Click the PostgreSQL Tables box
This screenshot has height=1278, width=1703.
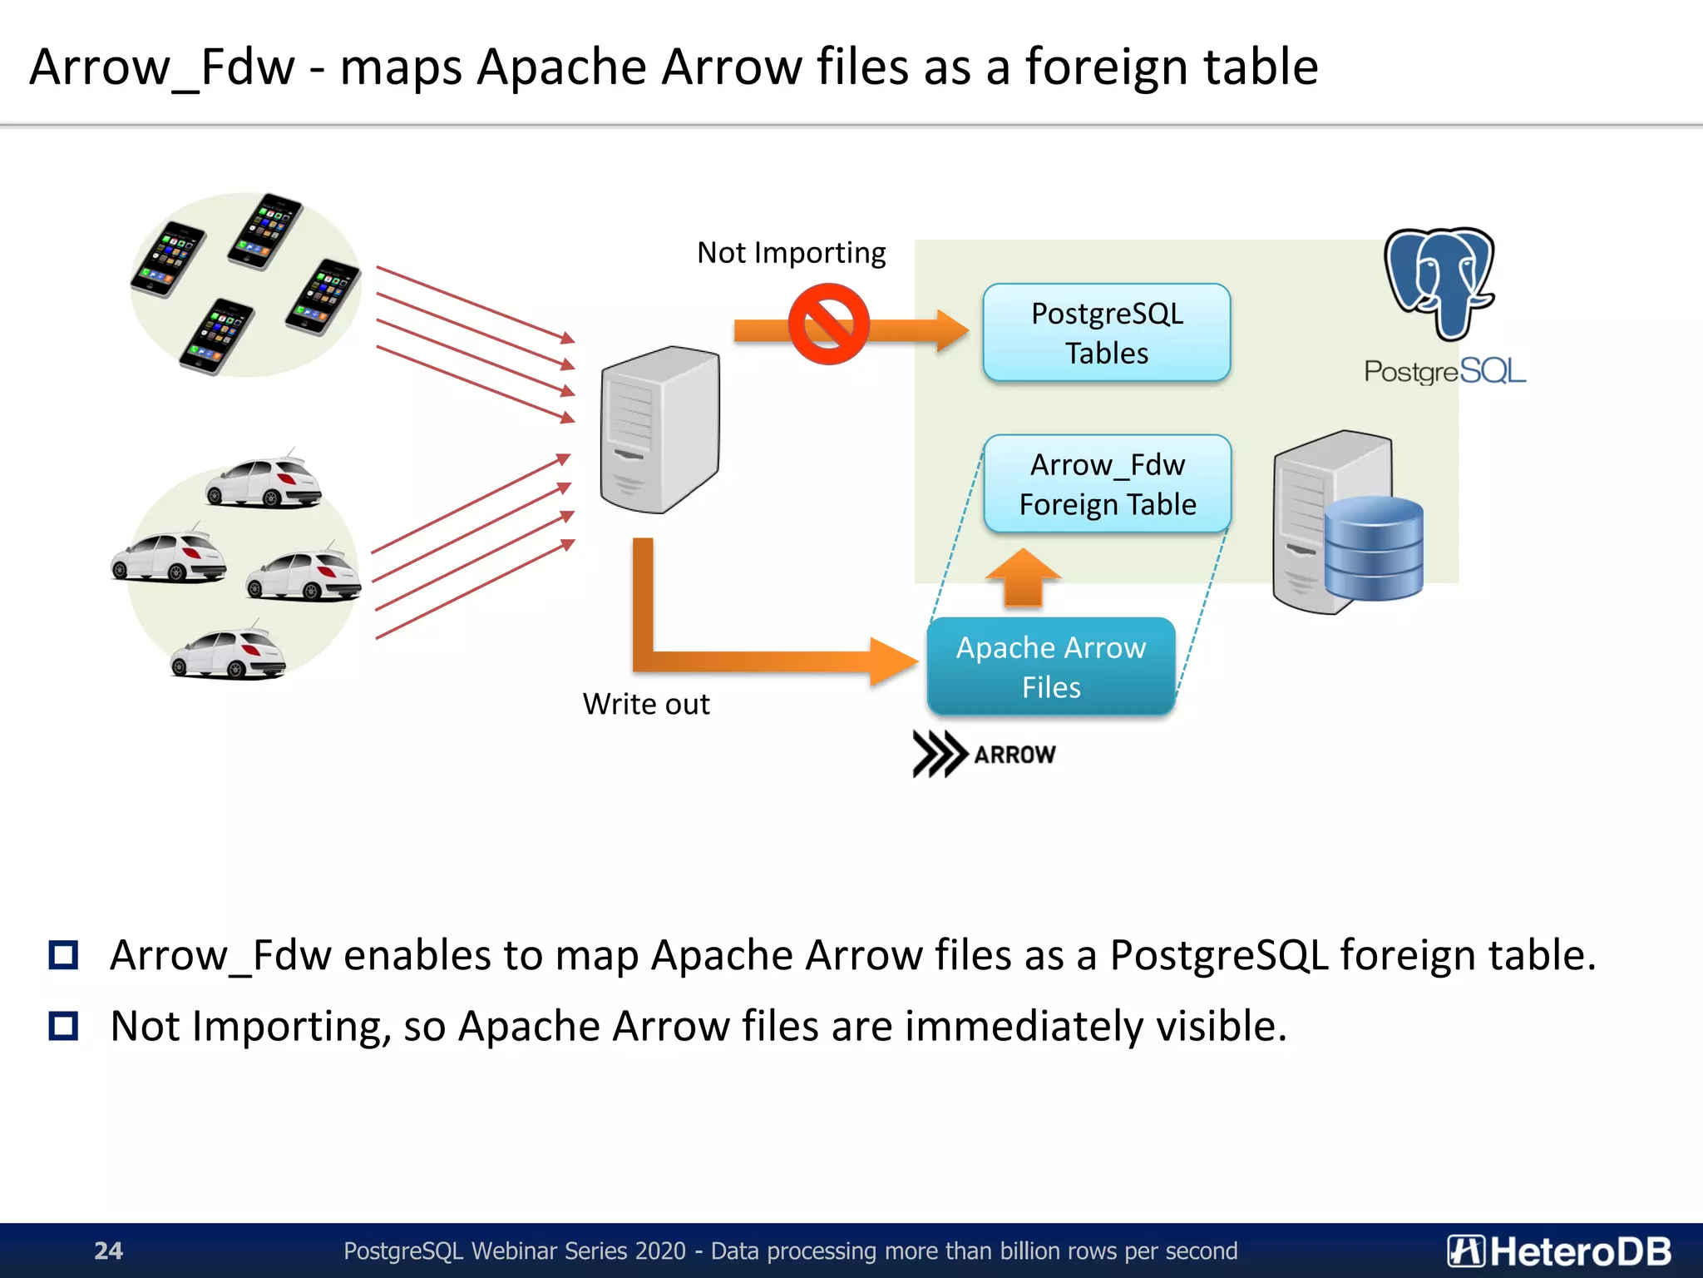tap(1106, 333)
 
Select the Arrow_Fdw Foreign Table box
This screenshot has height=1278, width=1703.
tap(1107, 484)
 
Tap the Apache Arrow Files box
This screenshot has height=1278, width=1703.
tap(1051, 666)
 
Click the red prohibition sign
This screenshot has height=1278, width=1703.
tap(828, 324)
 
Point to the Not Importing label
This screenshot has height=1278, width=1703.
tap(791, 252)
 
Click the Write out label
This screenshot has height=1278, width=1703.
tap(646, 704)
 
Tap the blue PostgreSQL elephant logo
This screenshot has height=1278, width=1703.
tap(1440, 283)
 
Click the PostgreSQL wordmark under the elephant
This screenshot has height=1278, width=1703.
tap(1444, 371)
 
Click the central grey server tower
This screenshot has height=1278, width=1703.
tap(659, 428)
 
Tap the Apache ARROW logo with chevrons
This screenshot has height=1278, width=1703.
tap(984, 754)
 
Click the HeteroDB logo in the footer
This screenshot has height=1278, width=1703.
tap(1558, 1251)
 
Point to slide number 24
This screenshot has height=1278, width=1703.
tap(108, 1251)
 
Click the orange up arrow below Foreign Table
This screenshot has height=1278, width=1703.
tap(1023, 577)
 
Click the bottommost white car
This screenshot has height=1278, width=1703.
tap(228, 655)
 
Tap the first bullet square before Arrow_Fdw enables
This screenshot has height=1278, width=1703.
tap(63, 954)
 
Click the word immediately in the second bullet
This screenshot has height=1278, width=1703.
tap(1024, 1026)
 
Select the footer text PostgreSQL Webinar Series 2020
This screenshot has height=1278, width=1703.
tap(515, 1251)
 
